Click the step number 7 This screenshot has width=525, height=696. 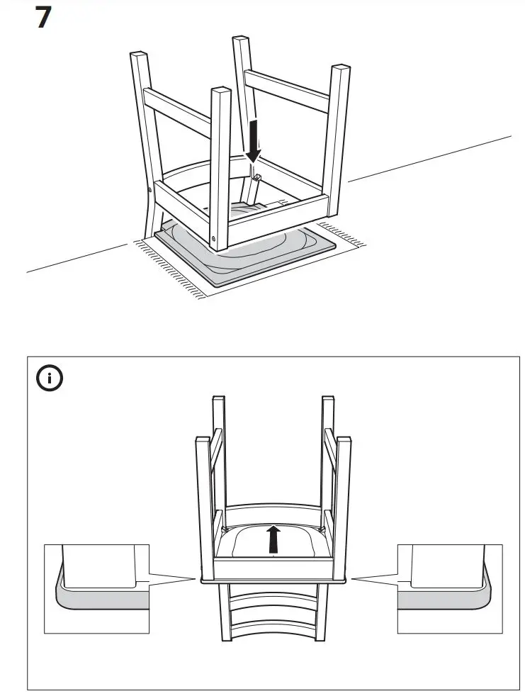(43, 17)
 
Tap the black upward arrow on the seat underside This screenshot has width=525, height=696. (273, 539)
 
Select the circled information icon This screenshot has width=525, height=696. (50, 379)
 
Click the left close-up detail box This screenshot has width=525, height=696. (96, 588)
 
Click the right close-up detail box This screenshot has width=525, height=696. (450, 588)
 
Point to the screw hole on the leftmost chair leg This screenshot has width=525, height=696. (150, 189)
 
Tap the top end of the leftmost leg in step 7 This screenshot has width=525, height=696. (137, 55)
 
